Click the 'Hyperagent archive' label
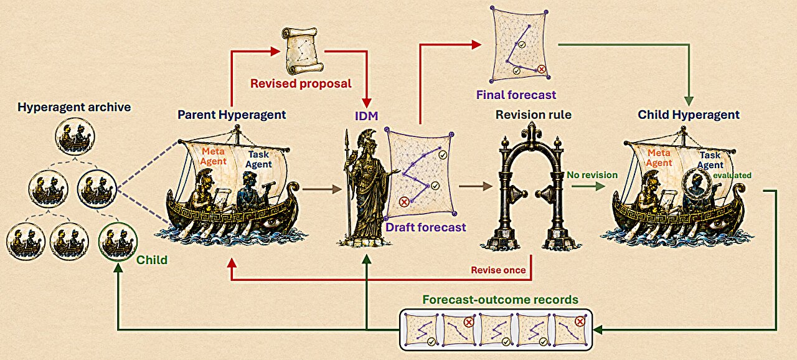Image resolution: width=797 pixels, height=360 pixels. pyautogui.click(x=74, y=107)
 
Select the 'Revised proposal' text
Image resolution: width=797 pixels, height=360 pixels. pyautogui.click(x=301, y=83)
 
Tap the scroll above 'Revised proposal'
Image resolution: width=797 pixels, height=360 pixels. pyautogui.click(x=303, y=50)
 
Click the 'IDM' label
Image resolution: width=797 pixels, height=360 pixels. pyautogui.click(x=366, y=116)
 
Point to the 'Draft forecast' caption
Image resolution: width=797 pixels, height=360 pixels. pyautogui.click(x=425, y=227)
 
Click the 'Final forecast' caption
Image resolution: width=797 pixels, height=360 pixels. pyautogui.click(x=516, y=95)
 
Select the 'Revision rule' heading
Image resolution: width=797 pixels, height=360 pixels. pyautogui.click(x=534, y=115)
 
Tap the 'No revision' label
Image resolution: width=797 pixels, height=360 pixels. pyautogui.click(x=592, y=175)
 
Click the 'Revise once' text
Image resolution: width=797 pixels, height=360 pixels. pyautogui.click(x=498, y=270)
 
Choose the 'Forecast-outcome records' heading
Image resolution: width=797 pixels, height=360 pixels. pyautogui.click(x=500, y=300)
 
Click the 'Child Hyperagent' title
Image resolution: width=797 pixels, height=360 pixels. pyautogui.click(x=689, y=115)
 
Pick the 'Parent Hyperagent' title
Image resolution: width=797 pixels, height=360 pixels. pyautogui.click(x=232, y=115)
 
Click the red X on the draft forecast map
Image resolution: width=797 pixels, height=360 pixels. pyautogui.click(x=403, y=202)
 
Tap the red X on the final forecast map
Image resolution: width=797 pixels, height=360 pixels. pyautogui.click(x=541, y=69)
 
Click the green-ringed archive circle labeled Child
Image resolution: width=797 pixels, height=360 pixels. pyautogui.click(x=118, y=242)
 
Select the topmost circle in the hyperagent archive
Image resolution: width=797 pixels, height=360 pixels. pyautogui.click(x=75, y=136)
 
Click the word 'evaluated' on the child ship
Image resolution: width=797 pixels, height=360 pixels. pyautogui.click(x=732, y=176)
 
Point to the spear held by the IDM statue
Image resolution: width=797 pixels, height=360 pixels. pyautogui.click(x=347, y=185)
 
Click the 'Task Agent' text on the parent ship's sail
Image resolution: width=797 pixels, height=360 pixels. pyautogui.click(x=258, y=159)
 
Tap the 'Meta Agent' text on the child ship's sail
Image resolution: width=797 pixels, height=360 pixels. pyautogui.click(x=659, y=158)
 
